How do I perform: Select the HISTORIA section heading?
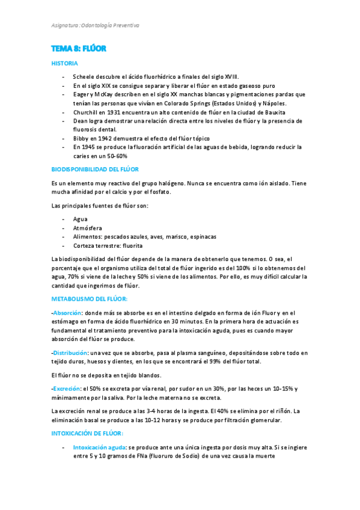pyautogui.click(x=64, y=63)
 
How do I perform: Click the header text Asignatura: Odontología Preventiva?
pyautogui.click(x=95, y=26)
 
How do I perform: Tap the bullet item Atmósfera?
pyautogui.click(x=87, y=229)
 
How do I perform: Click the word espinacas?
pyautogui.click(x=201, y=237)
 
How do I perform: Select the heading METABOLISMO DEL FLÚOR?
pyautogui.click(x=90, y=299)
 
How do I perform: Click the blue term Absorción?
pyautogui.click(x=67, y=313)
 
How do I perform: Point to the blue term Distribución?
pyautogui.click(x=70, y=352)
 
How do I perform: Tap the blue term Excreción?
pyautogui.click(x=66, y=389)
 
